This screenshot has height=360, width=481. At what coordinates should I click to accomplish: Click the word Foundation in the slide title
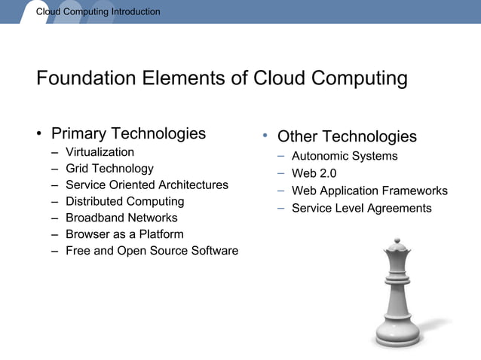pyautogui.click(x=83, y=78)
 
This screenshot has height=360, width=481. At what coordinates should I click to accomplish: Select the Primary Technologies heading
pyautogui.click(x=128, y=134)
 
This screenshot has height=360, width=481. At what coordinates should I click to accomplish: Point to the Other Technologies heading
pyautogui.click(x=347, y=136)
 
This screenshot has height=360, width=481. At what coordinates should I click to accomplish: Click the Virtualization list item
pyautogui.click(x=100, y=152)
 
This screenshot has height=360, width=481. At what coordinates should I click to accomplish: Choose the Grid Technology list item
pyautogui.click(x=109, y=169)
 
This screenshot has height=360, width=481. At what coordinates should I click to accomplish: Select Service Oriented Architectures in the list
pyautogui.click(x=146, y=185)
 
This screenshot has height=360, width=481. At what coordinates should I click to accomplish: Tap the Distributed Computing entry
pyautogui.click(x=124, y=202)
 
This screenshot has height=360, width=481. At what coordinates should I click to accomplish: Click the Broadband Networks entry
pyautogui.click(x=121, y=218)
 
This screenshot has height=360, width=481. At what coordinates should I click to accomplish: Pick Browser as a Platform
pyautogui.click(x=124, y=234)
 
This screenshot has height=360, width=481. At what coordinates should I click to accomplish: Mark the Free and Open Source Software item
pyautogui.click(x=152, y=251)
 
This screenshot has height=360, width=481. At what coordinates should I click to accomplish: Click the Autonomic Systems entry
pyautogui.click(x=345, y=157)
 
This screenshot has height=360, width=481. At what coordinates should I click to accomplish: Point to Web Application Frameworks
pyautogui.click(x=369, y=191)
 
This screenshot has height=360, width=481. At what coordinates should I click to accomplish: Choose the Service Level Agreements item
pyautogui.click(x=361, y=208)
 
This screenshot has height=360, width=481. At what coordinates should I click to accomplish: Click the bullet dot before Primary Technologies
pyautogui.click(x=38, y=136)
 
